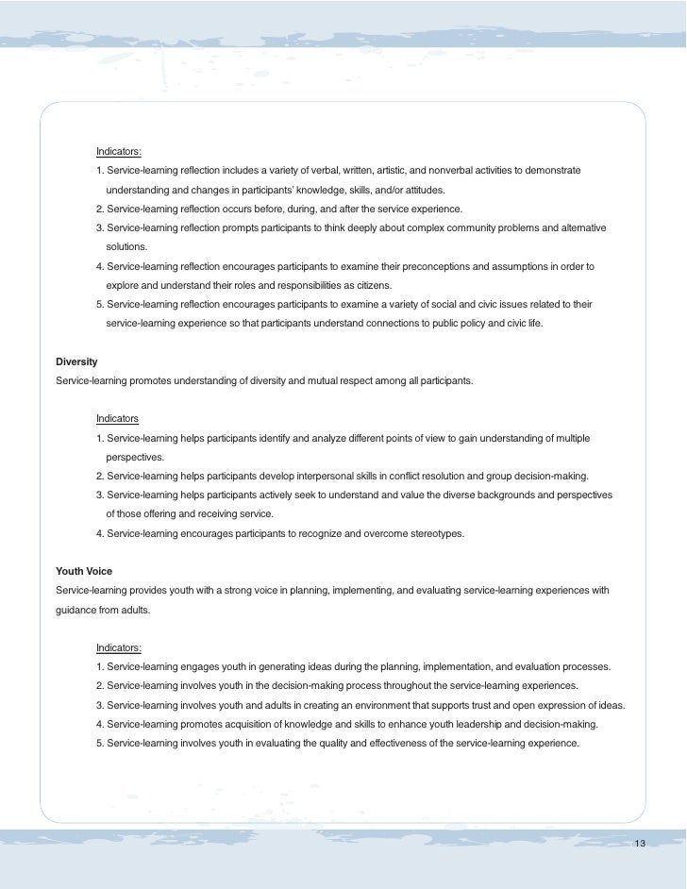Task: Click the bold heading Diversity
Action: [x=77, y=362]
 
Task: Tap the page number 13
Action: [x=641, y=842]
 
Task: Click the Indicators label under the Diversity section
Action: [x=117, y=418]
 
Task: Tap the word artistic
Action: [x=411, y=170]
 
